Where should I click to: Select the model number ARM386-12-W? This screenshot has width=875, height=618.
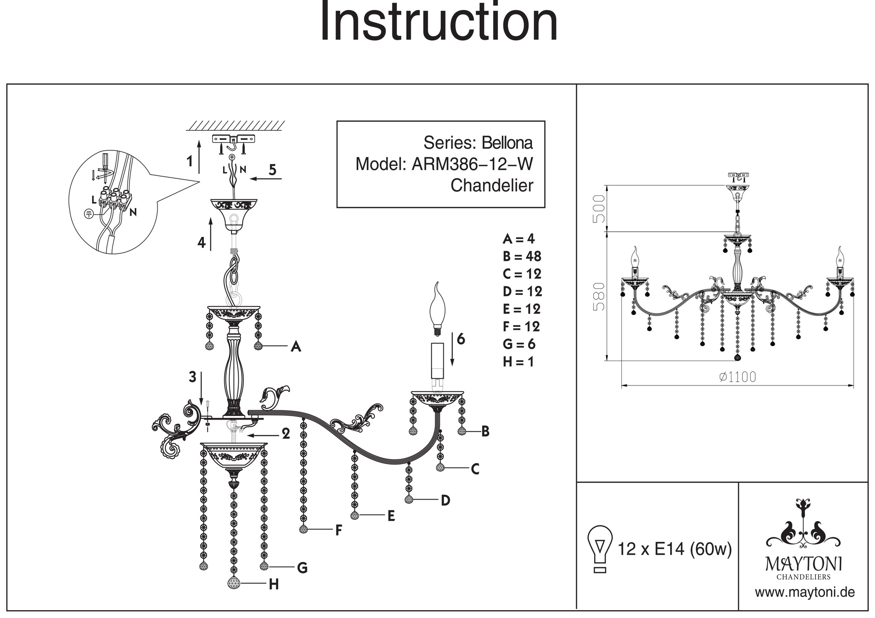tap(472, 164)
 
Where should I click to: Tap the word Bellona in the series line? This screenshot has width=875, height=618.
tap(507, 143)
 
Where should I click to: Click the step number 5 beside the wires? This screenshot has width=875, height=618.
tap(273, 170)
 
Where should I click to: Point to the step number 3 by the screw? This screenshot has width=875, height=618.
tap(192, 377)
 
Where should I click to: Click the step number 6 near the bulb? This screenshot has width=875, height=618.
tap(461, 339)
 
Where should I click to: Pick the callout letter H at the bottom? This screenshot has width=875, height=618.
tap(274, 584)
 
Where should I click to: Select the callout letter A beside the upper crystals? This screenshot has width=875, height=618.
tap(296, 347)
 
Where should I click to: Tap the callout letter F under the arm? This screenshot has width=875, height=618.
tap(338, 531)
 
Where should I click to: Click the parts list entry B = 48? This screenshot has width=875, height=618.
tap(521, 256)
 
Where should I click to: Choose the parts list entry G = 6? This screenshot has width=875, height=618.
tap(519, 344)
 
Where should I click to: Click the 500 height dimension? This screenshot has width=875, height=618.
tap(598, 208)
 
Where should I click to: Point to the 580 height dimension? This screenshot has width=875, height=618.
tap(598, 296)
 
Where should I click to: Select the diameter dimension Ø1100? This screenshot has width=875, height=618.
tap(738, 377)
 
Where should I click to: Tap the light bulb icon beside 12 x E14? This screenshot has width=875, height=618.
tap(600, 549)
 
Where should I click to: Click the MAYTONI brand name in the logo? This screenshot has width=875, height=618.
tap(803, 564)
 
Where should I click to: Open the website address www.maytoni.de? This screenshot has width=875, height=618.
tap(805, 593)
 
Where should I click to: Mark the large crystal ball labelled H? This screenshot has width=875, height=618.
tap(234, 583)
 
